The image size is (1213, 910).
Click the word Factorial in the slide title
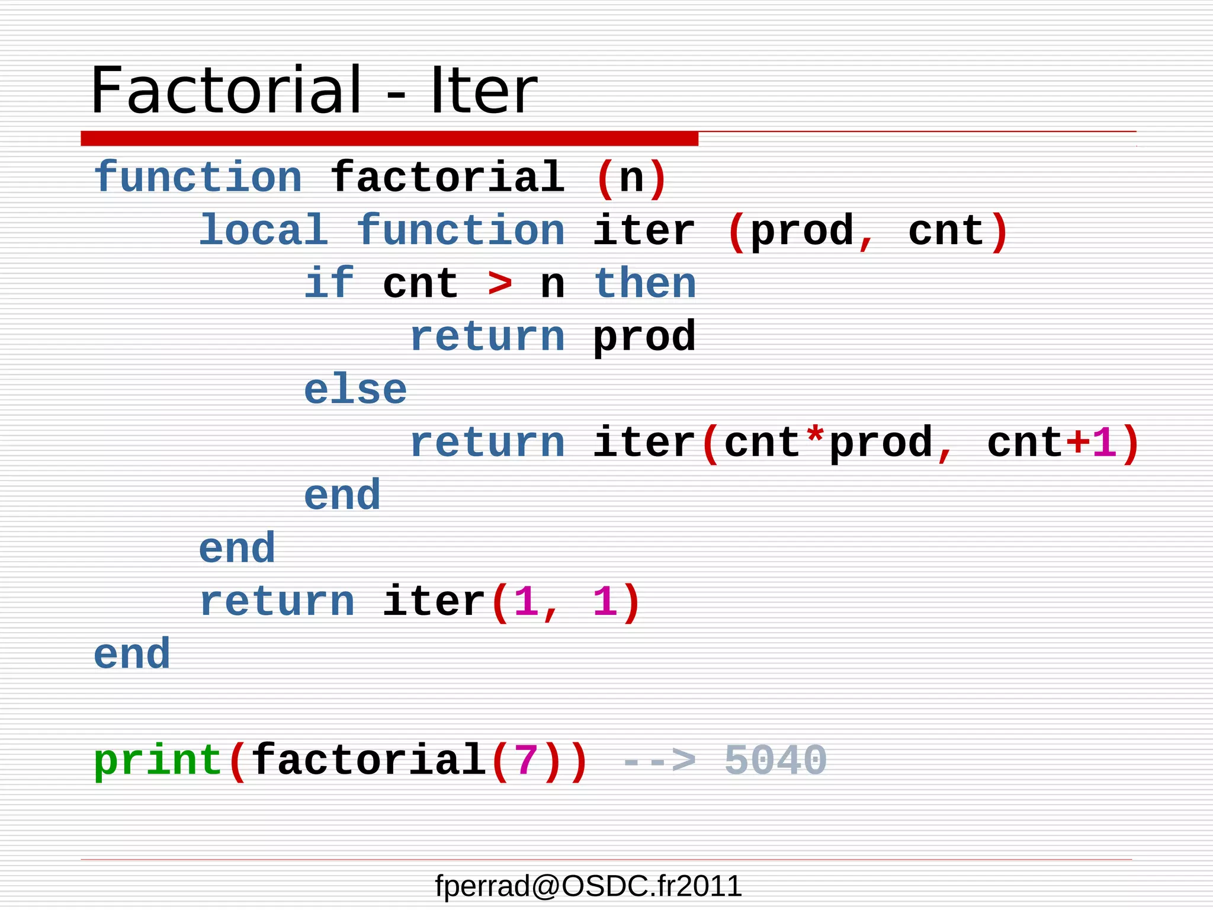click(226, 90)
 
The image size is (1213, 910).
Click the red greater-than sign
click(500, 283)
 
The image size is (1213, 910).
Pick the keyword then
click(645, 283)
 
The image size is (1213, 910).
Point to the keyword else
click(355, 389)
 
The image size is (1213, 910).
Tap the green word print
click(158, 760)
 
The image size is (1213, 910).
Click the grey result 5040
click(775, 760)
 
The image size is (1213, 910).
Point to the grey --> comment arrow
click(658, 761)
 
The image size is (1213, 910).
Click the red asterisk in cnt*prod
click(816, 440)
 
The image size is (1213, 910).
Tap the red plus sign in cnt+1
click(1078, 443)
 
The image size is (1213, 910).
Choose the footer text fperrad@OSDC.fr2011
click(588, 886)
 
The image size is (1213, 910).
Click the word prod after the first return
click(644, 337)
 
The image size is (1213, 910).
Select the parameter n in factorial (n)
click(631, 178)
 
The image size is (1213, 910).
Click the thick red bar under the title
click(389, 139)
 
